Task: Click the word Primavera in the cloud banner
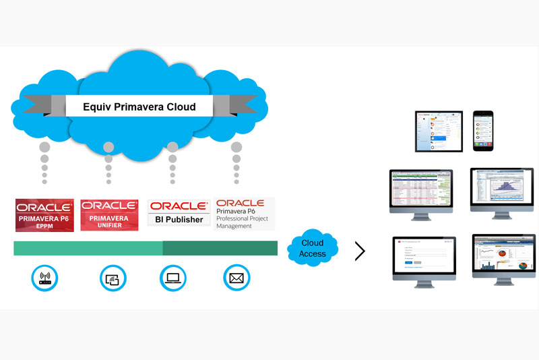pos(139,107)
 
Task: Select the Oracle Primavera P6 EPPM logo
pos(45,215)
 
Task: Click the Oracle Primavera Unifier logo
pos(109,215)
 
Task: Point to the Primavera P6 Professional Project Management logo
pos(244,214)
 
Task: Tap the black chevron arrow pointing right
pos(360,251)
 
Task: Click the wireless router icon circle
pos(45,277)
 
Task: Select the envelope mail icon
pos(236,277)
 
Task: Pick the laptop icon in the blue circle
pos(173,277)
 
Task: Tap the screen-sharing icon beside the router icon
pos(113,277)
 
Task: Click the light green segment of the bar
pos(88,248)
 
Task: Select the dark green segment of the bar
pos(220,248)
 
